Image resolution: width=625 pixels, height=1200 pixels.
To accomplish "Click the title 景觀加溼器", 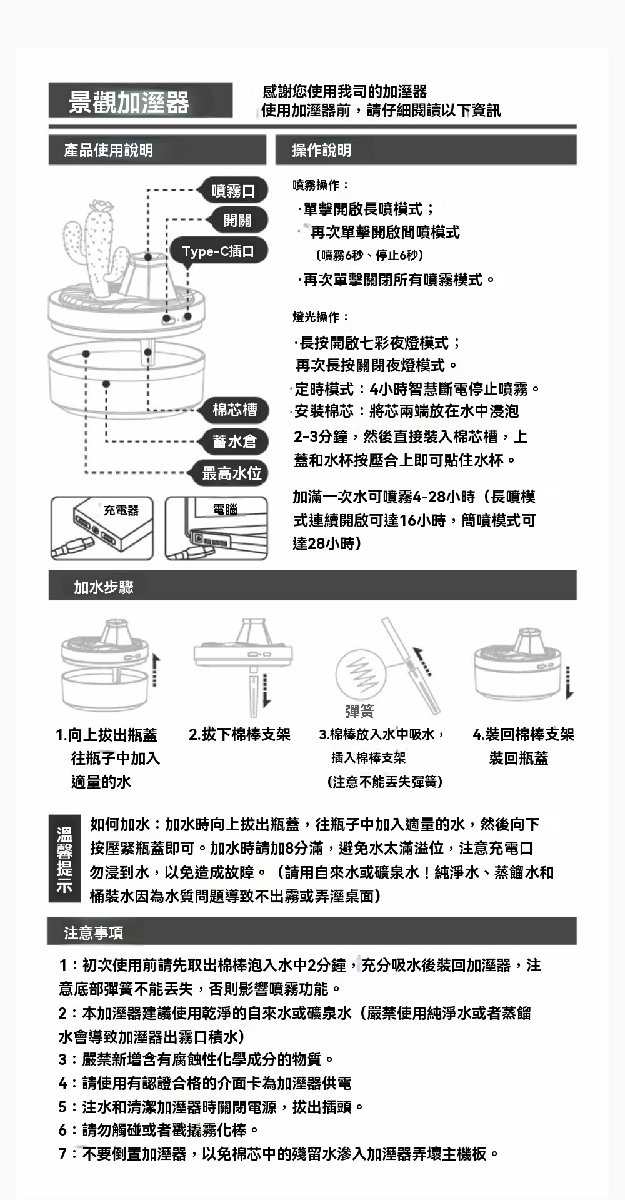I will (x=129, y=101).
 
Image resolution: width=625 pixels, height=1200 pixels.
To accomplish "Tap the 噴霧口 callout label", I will (x=233, y=190).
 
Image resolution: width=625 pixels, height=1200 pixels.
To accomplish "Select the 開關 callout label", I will (x=237, y=219).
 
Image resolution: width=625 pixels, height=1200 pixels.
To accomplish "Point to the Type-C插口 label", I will (x=218, y=250).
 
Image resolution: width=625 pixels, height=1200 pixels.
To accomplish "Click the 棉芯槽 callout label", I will (x=233, y=410).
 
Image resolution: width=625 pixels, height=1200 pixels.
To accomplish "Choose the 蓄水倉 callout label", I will (x=233, y=441).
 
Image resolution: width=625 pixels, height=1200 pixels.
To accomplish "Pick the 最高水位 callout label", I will (x=230, y=473).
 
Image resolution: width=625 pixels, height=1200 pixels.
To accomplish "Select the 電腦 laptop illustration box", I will (x=216, y=528).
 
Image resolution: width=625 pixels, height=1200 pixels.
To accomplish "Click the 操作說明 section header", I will (x=322, y=150).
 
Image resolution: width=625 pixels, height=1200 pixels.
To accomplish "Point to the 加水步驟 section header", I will (x=104, y=587).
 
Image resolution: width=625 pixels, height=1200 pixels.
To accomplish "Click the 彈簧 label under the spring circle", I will (x=359, y=711).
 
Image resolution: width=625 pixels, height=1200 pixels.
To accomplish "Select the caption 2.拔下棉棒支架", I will (x=239, y=734).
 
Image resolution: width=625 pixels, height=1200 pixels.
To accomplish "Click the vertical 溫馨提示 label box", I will (x=64, y=859).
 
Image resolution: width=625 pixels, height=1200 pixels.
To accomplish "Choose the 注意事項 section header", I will (x=94, y=932).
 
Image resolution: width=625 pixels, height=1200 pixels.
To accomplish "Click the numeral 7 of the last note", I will (x=62, y=1154).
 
